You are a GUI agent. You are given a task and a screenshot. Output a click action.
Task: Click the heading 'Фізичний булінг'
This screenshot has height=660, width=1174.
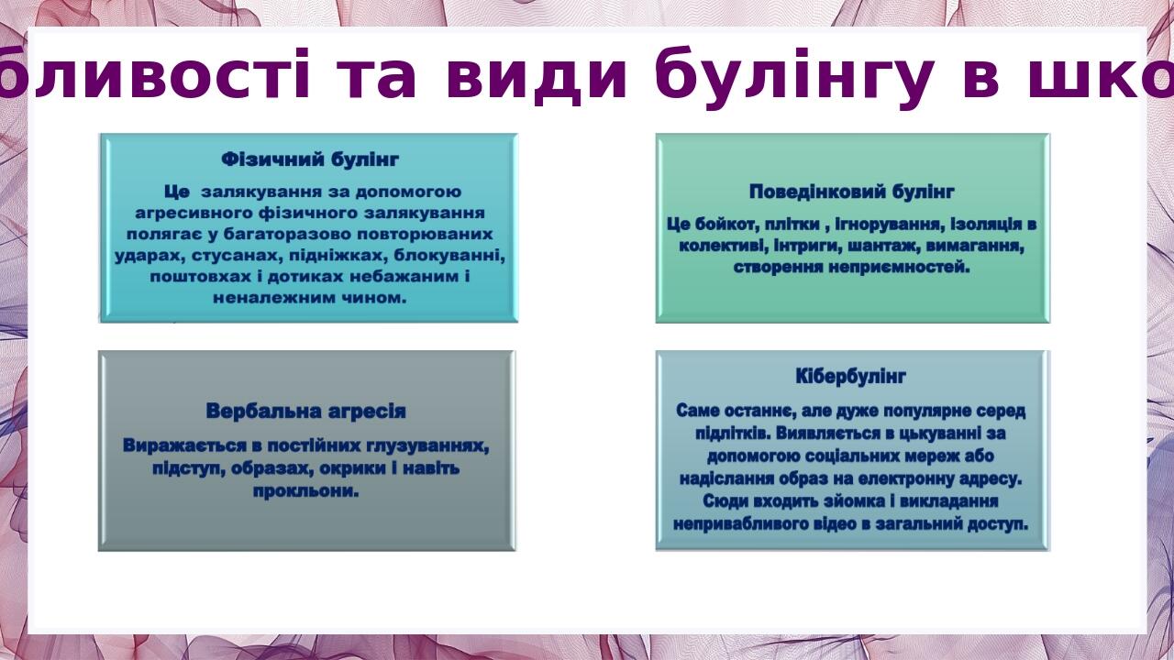click(310, 159)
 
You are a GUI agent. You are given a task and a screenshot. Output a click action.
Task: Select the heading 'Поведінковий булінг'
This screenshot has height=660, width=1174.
click(852, 192)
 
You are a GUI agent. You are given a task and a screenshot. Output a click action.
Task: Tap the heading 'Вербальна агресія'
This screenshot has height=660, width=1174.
click(305, 411)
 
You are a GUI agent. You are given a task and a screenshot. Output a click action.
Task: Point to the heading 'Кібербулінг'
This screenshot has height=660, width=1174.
click(851, 377)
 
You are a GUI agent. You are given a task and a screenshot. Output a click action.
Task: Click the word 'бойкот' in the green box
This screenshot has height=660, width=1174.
click(725, 225)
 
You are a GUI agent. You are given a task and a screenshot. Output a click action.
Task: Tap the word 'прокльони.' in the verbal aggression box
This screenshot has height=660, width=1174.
click(305, 491)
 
